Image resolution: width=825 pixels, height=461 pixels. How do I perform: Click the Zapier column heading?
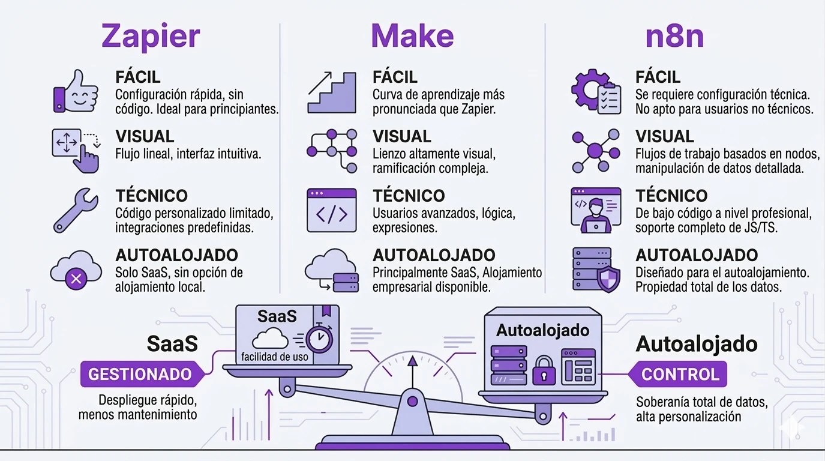(151, 36)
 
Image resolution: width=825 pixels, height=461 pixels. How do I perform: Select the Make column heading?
(412, 36)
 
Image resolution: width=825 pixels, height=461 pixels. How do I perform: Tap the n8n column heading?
(674, 36)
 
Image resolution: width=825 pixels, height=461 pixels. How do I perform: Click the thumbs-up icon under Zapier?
(76, 91)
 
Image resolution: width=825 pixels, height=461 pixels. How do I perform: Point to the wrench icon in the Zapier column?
(76, 210)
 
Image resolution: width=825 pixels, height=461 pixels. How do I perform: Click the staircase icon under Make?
(332, 92)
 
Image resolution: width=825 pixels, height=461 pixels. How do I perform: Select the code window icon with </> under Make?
(332, 211)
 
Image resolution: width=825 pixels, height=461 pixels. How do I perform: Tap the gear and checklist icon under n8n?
(595, 92)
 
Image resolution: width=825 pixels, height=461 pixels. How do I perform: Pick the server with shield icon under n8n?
(596, 270)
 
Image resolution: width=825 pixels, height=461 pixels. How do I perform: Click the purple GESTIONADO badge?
(139, 375)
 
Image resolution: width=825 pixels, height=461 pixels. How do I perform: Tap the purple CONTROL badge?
(680, 375)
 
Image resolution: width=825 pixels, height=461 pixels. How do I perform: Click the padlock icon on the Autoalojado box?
(544, 370)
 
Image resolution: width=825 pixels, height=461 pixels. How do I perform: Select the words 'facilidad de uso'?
(275, 357)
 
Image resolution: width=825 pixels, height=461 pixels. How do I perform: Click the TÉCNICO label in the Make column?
(409, 196)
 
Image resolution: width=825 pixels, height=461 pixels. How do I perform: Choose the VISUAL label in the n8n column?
(665, 136)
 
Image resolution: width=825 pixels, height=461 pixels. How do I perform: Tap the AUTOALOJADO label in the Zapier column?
(176, 255)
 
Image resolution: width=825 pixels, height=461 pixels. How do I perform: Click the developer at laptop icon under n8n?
(595, 210)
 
